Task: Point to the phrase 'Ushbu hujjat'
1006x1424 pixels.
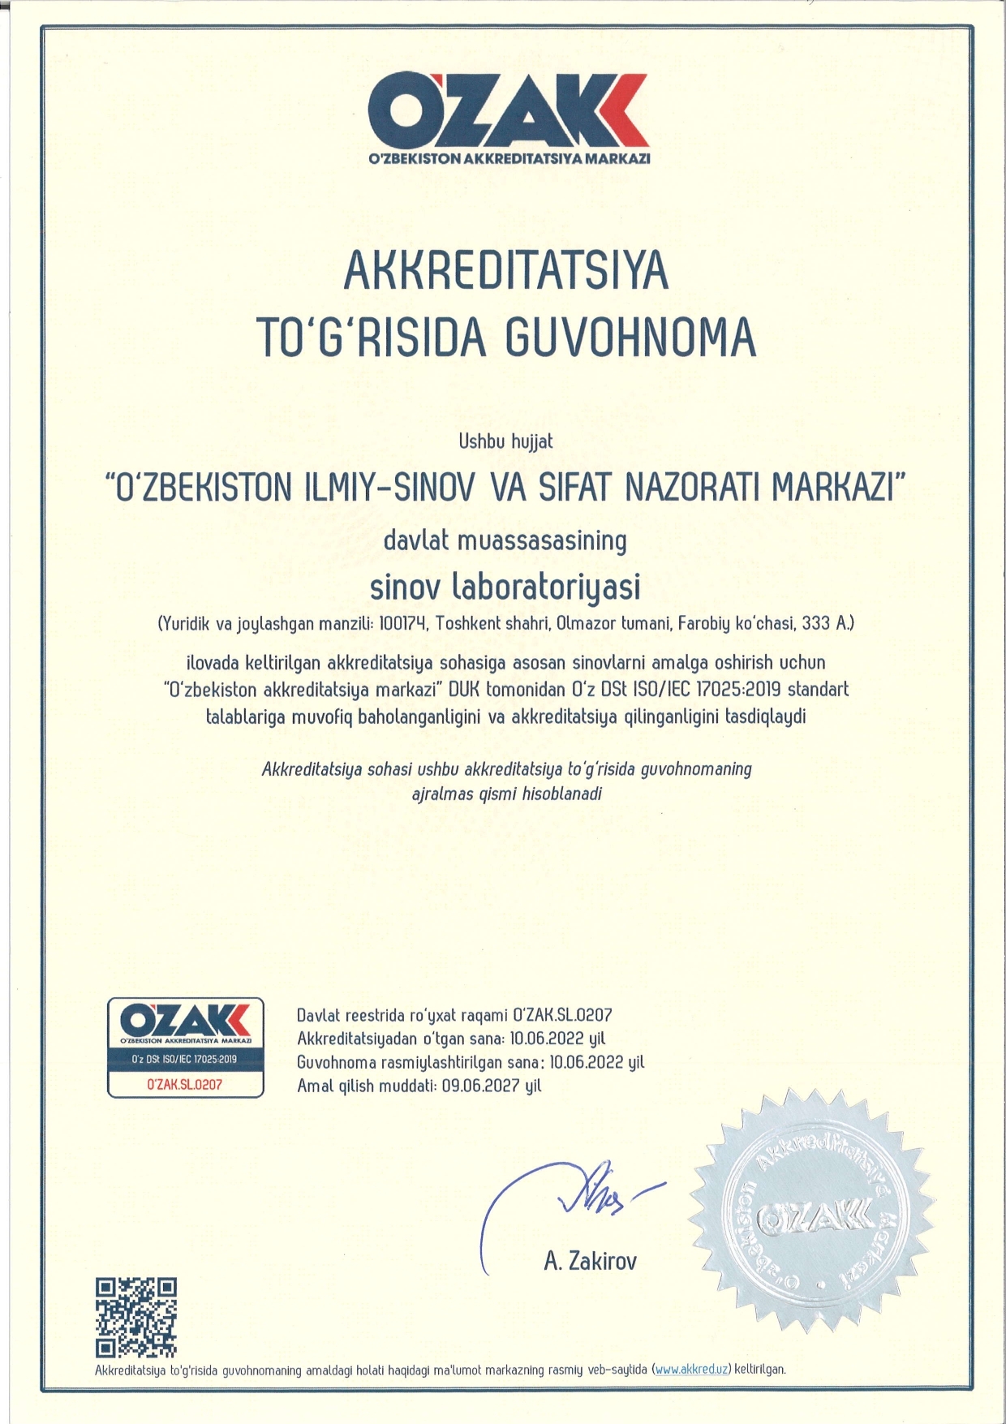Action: click(x=505, y=441)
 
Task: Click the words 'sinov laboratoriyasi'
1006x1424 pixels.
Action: click(x=505, y=587)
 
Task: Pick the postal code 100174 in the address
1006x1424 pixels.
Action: click(x=403, y=623)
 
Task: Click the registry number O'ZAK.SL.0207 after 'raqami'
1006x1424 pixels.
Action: click(x=562, y=1015)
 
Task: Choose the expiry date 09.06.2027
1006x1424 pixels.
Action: click(x=480, y=1086)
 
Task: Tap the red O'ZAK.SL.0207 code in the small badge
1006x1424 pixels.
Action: click(x=185, y=1084)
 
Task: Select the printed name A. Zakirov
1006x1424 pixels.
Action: click(x=590, y=1261)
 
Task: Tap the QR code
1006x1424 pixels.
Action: click(x=135, y=1318)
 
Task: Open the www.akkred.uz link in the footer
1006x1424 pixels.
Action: click(x=691, y=1370)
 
